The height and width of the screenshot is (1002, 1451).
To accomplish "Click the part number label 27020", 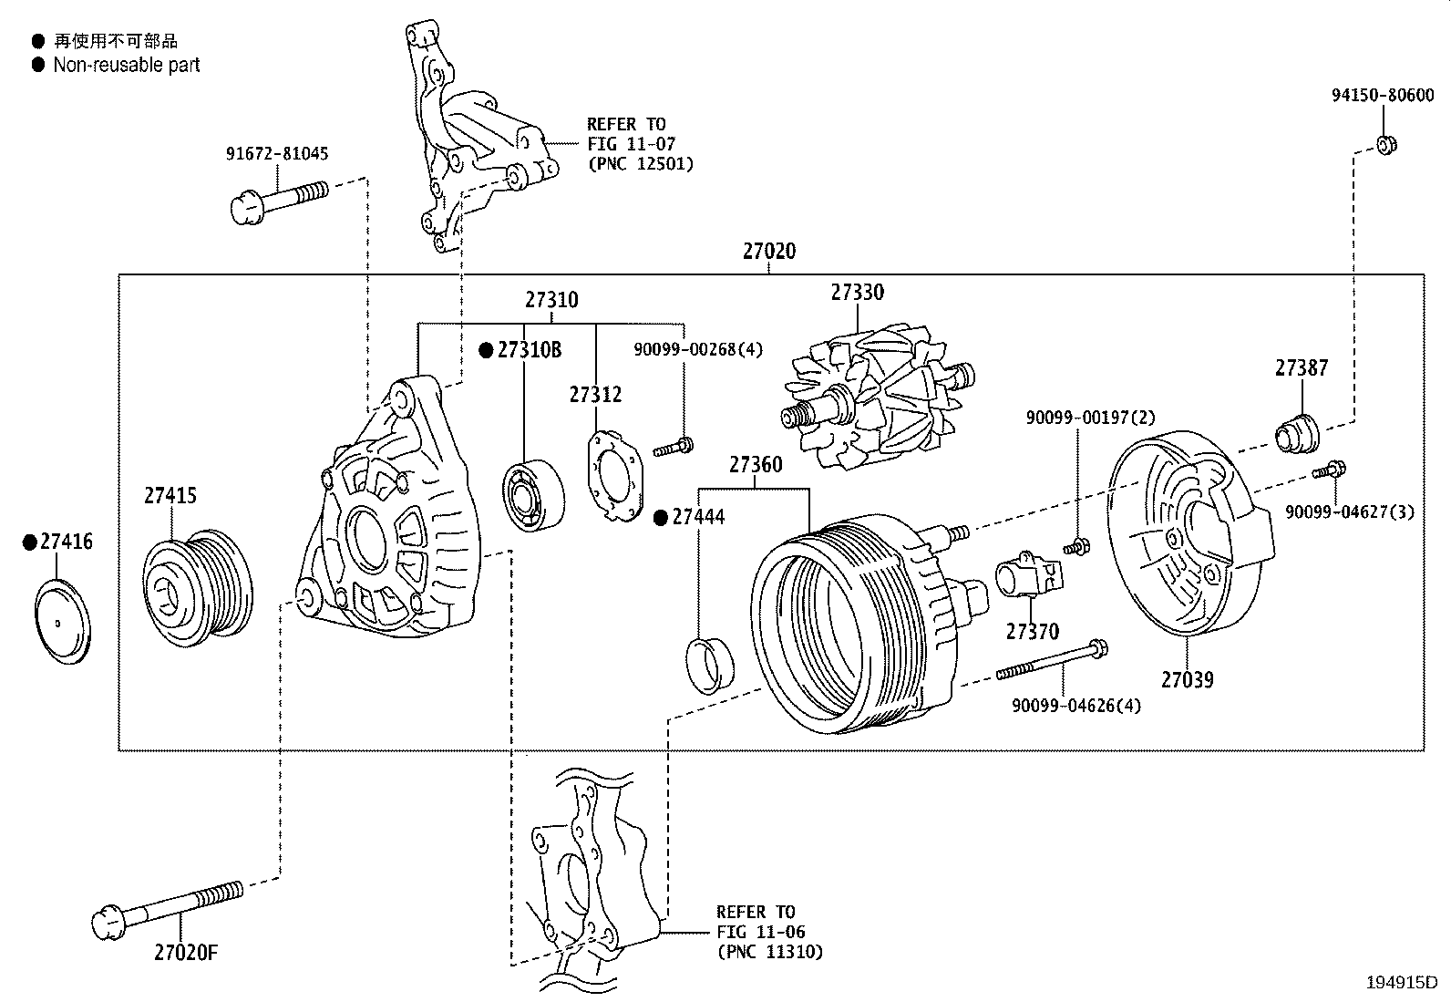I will coord(768,251).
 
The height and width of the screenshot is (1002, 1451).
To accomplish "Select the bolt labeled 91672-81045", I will coord(278,199).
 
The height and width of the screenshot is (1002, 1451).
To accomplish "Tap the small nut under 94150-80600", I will coord(1385,144).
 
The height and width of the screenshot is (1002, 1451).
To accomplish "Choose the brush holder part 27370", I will coord(1030,577).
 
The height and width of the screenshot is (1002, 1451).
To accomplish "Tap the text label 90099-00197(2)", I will coord(1089,418).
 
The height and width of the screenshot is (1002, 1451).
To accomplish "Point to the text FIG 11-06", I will coord(760,932).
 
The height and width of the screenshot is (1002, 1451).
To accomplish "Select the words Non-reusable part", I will coord(126,65).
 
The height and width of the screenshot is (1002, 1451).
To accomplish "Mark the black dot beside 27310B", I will coord(487,349).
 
